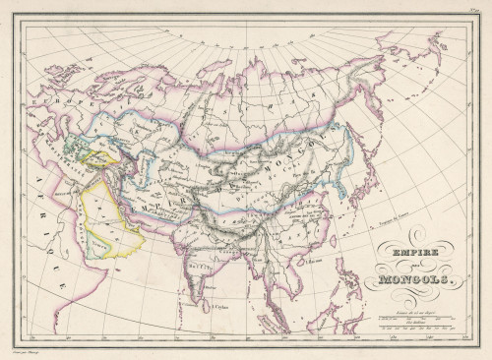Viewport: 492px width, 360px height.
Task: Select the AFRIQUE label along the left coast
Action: [49, 226]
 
